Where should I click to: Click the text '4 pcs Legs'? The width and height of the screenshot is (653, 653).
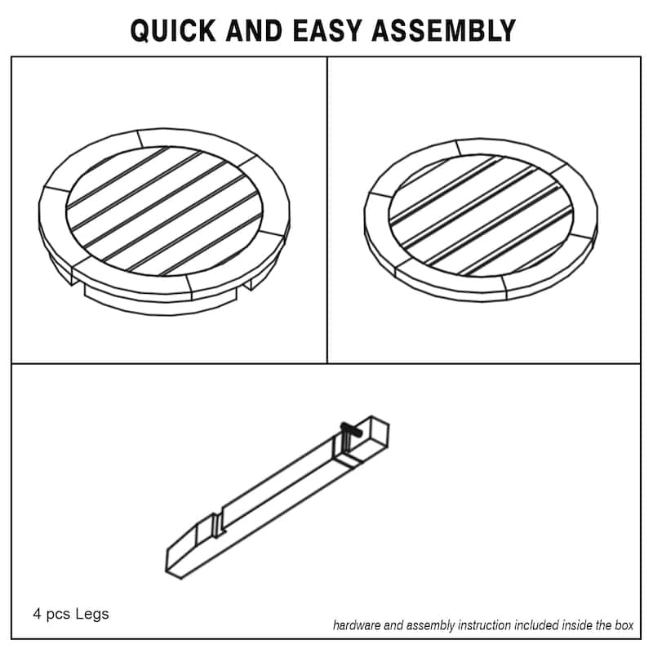coord(70,613)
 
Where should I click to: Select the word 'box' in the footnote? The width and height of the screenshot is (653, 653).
coord(624,626)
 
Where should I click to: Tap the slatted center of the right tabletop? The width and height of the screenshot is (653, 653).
coord(480,214)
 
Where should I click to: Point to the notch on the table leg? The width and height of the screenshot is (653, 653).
coord(218,522)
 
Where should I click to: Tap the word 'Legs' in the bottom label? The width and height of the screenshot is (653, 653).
coord(93,613)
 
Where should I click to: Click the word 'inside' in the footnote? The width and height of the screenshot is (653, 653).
coord(564,626)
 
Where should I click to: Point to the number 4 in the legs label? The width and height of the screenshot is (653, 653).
coord(37,613)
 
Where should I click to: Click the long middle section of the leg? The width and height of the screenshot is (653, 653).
coord(278,490)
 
